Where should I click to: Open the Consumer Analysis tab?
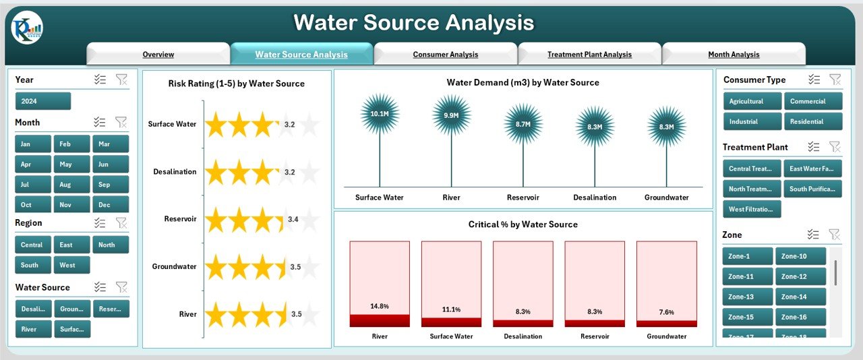tap(445, 55)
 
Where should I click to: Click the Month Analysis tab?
tap(734, 55)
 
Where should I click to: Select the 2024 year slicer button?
tap(42, 101)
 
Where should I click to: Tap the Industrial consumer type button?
tap(752, 121)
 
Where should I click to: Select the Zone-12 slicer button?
tap(800, 276)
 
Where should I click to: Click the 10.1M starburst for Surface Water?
tap(380, 114)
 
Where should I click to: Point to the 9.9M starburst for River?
tap(451, 115)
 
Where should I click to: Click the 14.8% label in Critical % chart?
tap(380, 306)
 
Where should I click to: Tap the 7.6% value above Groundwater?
tap(666, 311)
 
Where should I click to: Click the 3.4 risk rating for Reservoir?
tap(293, 219)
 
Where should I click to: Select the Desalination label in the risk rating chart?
tap(175, 171)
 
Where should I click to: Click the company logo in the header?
tap(27, 28)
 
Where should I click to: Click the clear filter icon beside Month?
tap(121, 122)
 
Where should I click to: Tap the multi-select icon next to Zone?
tap(814, 235)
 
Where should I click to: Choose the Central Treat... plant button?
tap(752, 169)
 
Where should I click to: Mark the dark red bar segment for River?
tap(380, 321)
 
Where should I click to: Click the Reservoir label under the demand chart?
tap(523, 198)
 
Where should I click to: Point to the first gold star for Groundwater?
tap(216, 267)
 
